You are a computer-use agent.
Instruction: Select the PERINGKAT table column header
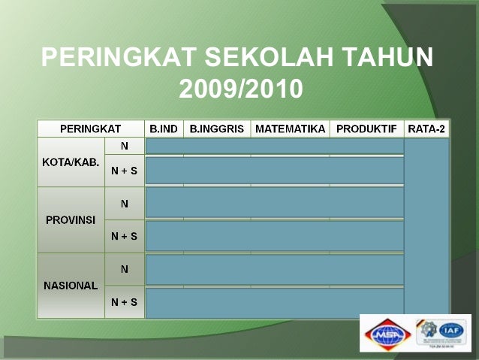90,129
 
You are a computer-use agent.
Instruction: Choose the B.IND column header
164,129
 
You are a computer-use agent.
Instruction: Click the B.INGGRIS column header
217,129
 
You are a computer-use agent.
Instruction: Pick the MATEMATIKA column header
290,129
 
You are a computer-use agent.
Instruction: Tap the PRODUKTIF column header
366,129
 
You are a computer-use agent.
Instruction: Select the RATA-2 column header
426,129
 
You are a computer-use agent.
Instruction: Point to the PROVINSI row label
71,220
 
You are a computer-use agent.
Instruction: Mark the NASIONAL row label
71,286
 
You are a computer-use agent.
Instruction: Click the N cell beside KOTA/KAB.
124,146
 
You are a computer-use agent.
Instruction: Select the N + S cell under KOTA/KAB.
124,171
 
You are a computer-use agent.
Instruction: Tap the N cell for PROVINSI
124,204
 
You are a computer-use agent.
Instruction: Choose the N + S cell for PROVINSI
124,236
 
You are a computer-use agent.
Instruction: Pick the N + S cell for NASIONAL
124,302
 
